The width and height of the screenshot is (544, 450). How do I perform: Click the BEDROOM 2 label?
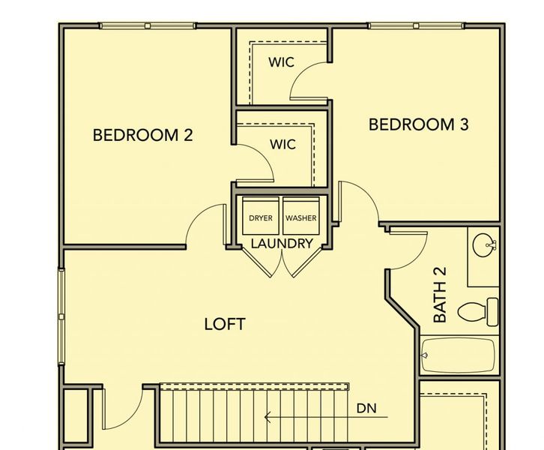click(x=142, y=136)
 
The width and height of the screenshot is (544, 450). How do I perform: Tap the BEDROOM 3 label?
click(x=418, y=124)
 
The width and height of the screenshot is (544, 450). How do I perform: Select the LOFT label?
click(x=225, y=324)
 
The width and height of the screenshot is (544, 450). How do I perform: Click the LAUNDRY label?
click(x=281, y=244)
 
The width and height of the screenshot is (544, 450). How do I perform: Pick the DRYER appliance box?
click(x=261, y=217)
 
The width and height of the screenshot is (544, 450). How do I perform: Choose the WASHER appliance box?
click(x=300, y=217)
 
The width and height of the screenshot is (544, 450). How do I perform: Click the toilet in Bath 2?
click(x=479, y=310)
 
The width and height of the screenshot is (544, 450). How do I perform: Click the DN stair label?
click(x=366, y=409)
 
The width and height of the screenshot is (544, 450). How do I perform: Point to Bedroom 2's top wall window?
click(x=148, y=26)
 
